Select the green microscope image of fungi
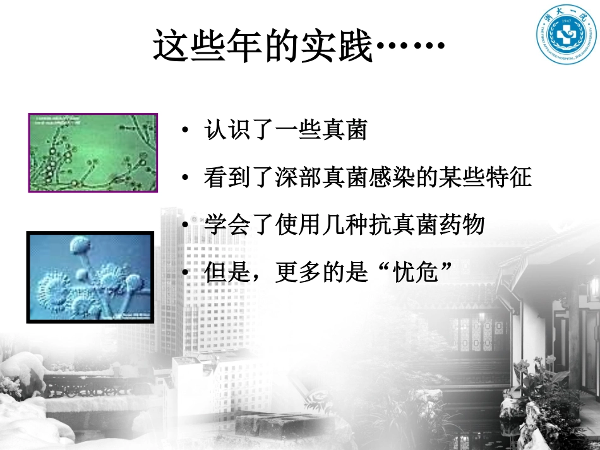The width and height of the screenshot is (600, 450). point(93,153)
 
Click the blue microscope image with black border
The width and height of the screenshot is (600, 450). point(90,278)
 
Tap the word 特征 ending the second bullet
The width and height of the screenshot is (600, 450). point(515,178)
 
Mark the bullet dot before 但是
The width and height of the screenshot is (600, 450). point(184,273)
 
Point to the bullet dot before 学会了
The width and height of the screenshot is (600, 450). point(184,225)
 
